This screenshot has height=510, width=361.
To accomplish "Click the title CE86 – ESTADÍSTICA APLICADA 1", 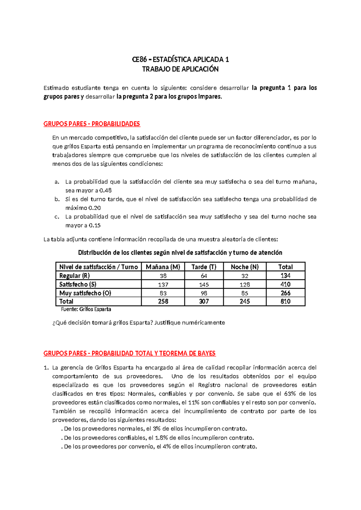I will pyautogui.click(x=180, y=60).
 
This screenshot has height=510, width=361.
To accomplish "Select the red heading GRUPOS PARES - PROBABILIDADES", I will pyautogui.click(x=92, y=124).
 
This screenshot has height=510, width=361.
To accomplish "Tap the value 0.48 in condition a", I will pyautogui.click(x=106, y=190).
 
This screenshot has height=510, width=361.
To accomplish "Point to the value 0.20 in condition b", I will pyautogui.click(x=95, y=208).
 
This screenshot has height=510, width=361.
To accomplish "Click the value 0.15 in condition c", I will pyautogui.click(x=95, y=225).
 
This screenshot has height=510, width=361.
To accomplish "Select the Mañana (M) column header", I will pyautogui.click(x=163, y=267).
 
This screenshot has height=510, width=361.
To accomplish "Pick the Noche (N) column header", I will pyautogui.click(x=245, y=267).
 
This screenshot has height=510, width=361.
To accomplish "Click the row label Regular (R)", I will pyautogui.click(x=74, y=275).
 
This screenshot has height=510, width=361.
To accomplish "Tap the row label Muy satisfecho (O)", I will pyautogui.click(x=85, y=293).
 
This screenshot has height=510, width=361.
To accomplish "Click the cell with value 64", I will pyautogui.click(x=204, y=276).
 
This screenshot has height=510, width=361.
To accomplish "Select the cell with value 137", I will pyautogui.click(x=163, y=284).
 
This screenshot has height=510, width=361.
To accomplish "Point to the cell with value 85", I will pyautogui.click(x=245, y=293).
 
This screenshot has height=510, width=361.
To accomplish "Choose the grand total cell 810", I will pyautogui.click(x=285, y=301).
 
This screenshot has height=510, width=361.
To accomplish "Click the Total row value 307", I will pyautogui.click(x=204, y=301).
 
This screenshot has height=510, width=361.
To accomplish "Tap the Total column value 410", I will pyautogui.click(x=285, y=284).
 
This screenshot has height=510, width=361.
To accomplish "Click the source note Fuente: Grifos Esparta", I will pyautogui.click(x=86, y=309).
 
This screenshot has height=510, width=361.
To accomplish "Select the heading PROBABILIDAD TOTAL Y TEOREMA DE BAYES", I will pyautogui.click(x=153, y=353).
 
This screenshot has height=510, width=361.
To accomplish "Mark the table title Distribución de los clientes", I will pyautogui.click(x=180, y=253).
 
